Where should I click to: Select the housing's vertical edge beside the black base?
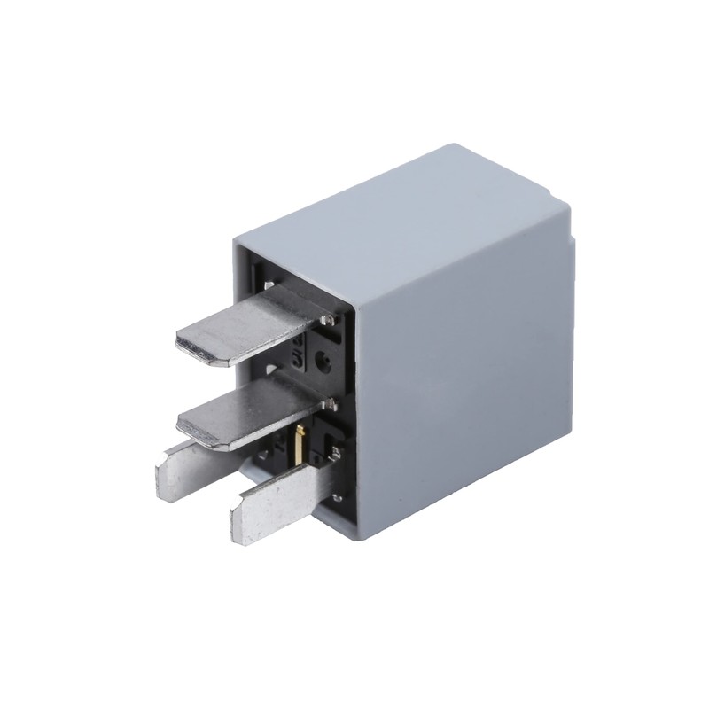[354, 417]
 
